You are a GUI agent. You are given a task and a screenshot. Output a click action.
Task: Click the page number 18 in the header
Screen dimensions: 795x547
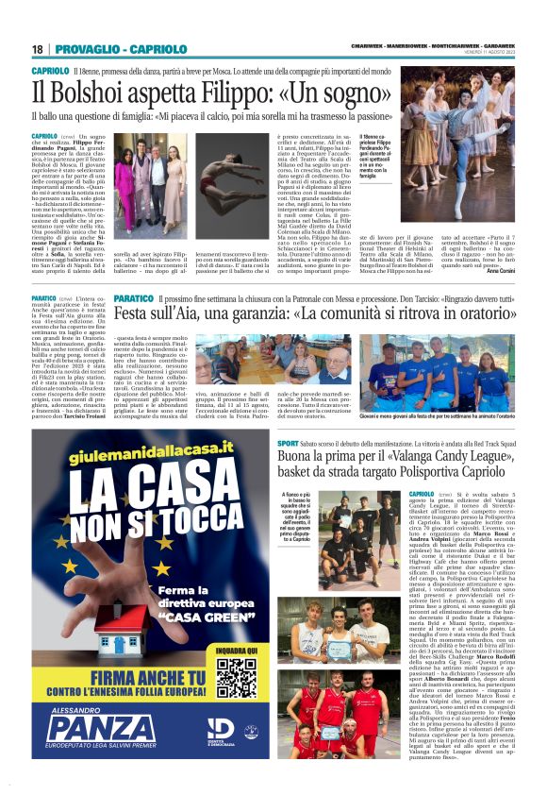[x=37, y=49]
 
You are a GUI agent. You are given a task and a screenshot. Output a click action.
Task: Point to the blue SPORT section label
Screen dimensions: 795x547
[x=288, y=442]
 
